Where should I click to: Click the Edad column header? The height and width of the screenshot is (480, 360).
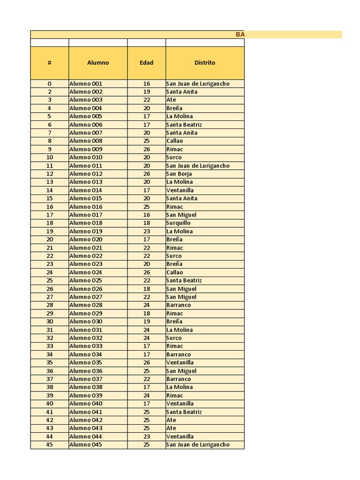[146, 63]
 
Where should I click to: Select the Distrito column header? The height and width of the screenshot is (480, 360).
[205, 63]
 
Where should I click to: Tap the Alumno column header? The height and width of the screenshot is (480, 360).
[98, 63]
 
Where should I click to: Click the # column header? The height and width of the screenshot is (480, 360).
[49, 63]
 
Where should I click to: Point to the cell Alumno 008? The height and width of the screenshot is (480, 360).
[86, 141]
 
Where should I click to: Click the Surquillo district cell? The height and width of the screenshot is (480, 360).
[179, 223]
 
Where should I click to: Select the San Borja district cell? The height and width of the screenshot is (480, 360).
[179, 174]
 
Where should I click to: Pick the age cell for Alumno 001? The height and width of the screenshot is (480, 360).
[146, 84]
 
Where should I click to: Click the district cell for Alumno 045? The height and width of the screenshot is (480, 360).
[198, 445]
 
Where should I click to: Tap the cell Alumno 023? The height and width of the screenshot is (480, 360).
[86, 264]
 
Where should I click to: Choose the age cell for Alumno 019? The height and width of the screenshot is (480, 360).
[146, 232]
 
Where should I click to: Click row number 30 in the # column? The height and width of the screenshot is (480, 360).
[49, 322]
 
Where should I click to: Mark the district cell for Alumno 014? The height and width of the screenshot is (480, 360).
[180, 190]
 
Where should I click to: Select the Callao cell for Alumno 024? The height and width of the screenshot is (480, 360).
[175, 272]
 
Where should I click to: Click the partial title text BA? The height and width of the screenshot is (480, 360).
[240, 35]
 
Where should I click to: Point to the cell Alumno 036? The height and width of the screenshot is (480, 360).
[86, 371]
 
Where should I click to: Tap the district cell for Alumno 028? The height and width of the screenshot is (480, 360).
[179, 305]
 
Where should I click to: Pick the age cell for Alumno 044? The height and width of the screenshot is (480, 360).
[146, 436]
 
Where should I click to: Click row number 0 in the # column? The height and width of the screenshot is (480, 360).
[49, 84]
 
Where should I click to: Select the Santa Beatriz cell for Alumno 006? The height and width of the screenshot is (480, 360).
[184, 125]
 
